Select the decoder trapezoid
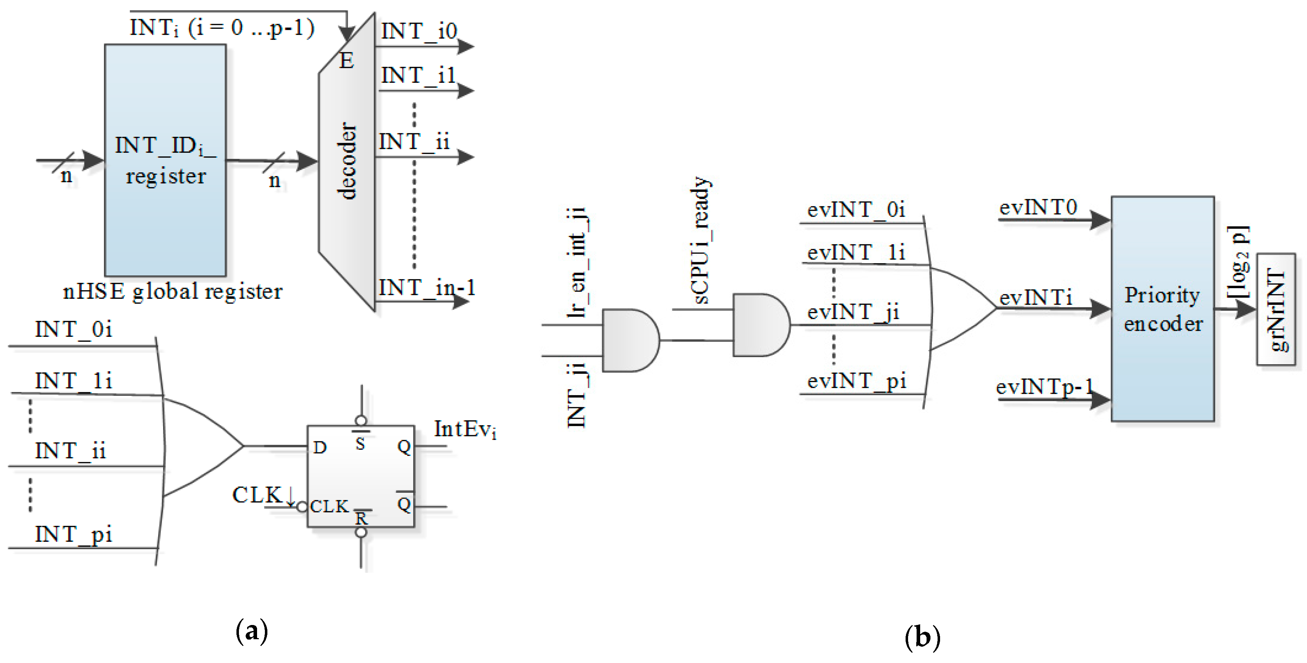(x=348, y=162)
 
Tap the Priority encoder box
(x=1162, y=309)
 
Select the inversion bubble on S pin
(x=361, y=420)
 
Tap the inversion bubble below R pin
(x=361, y=532)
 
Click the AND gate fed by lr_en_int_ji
(x=630, y=341)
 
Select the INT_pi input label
(x=74, y=535)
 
